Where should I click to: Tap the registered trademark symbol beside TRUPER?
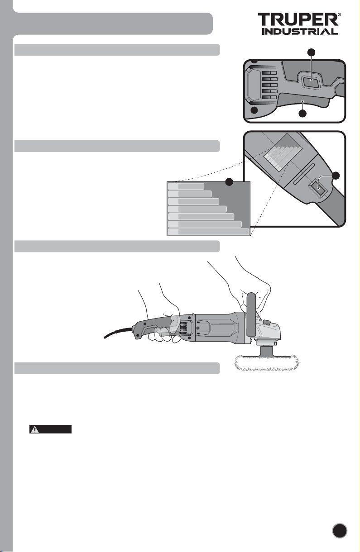pos(340,15)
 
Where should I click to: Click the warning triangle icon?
pos(34,429)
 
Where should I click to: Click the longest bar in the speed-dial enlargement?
pos(208,232)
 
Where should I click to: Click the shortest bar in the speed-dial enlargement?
pos(186,186)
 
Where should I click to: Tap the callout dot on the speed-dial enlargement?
pos(230,182)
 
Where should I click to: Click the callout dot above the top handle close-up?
pos(311,52)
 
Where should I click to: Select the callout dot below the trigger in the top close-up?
pos(303,113)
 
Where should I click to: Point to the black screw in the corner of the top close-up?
pos(254,110)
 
